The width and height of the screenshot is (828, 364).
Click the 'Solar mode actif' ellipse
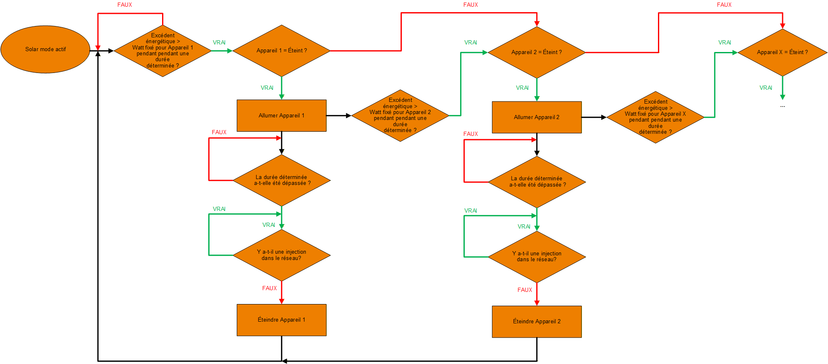45,49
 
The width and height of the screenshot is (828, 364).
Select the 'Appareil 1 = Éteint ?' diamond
281,51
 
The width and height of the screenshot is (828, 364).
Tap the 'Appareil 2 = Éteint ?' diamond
536,52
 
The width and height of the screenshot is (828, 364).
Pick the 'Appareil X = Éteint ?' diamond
782,52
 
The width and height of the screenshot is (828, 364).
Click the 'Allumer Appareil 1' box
281,116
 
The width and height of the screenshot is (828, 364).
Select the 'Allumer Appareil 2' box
537,117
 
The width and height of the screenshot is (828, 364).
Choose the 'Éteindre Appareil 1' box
281,320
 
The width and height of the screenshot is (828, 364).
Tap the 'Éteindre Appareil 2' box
537,322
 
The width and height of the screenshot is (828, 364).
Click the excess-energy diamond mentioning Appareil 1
162,51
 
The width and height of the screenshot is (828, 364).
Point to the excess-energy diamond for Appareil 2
400,115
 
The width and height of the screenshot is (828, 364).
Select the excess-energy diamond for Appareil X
655,117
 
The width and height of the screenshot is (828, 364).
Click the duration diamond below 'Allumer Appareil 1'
281,180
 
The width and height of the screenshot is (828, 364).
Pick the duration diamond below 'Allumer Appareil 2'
537,182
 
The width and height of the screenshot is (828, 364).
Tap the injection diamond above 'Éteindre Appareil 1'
281,255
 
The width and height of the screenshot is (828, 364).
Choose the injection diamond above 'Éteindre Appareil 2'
537,257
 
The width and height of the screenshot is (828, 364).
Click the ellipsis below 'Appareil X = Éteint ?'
782,107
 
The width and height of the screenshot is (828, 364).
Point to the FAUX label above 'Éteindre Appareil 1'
270,288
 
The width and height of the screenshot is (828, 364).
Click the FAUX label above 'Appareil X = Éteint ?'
724,5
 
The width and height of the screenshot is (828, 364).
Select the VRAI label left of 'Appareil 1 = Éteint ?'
219,42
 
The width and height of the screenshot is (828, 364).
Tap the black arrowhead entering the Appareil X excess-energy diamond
603,117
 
